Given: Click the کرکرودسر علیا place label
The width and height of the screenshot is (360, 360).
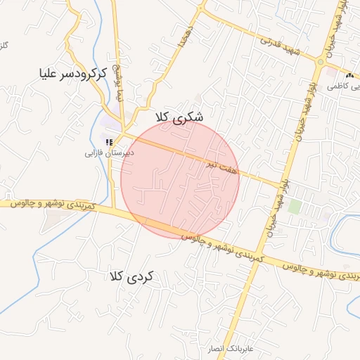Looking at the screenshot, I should tap(74, 72).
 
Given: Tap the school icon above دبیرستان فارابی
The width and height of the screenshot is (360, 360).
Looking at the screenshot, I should tap(109, 141).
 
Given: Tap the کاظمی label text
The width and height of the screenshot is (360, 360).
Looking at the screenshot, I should tap(349, 86).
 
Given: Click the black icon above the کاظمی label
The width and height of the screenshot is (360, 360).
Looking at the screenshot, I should tap(349, 75).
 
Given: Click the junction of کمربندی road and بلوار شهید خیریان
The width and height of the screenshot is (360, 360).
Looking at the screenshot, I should tap(259, 252).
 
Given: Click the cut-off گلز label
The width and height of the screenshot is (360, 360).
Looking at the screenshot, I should tap(4, 45).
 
